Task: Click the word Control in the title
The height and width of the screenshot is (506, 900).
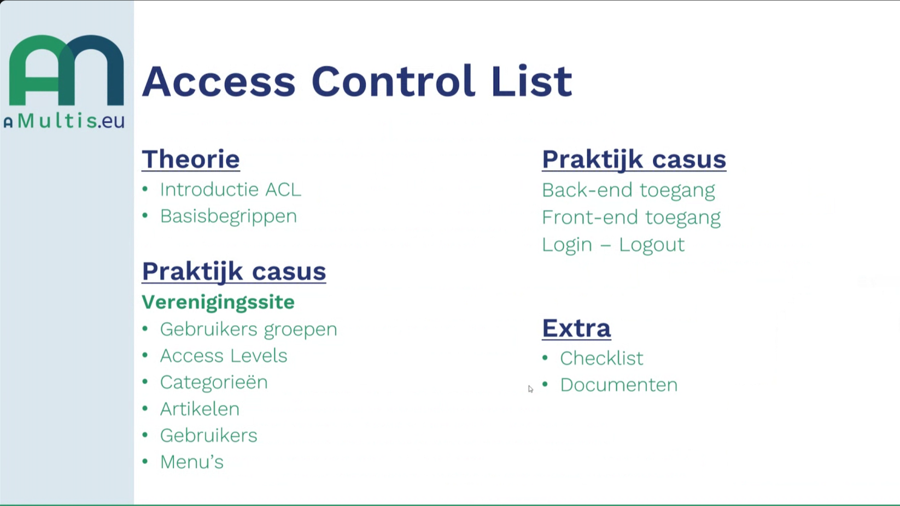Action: (393, 81)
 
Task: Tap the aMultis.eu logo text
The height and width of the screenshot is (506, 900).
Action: (65, 120)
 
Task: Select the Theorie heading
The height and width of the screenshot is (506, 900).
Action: (191, 159)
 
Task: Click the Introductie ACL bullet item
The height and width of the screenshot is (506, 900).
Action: (231, 190)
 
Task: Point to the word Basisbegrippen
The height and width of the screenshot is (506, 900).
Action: (229, 216)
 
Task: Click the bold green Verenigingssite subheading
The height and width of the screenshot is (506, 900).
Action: (218, 302)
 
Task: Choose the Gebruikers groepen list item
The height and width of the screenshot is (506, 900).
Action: (249, 330)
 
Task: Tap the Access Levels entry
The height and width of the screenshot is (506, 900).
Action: (224, 356)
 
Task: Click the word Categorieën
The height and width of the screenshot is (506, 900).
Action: (214, 383)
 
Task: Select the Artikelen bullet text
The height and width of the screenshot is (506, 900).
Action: (200, 409)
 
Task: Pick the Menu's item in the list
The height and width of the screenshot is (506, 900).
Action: (192, 462)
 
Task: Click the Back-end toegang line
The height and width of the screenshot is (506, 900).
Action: (628, 190)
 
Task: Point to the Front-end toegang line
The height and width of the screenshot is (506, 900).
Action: (631, 217)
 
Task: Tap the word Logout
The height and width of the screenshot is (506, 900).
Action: (652, 245)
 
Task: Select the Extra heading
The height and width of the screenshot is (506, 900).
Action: (576, 328)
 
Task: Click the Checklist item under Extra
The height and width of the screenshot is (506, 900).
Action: (601, 358)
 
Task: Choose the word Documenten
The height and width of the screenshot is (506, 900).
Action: (619, 385)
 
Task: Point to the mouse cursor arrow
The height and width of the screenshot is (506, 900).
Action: (531, 389)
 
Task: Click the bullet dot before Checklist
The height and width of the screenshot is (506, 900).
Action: (545, 357)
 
